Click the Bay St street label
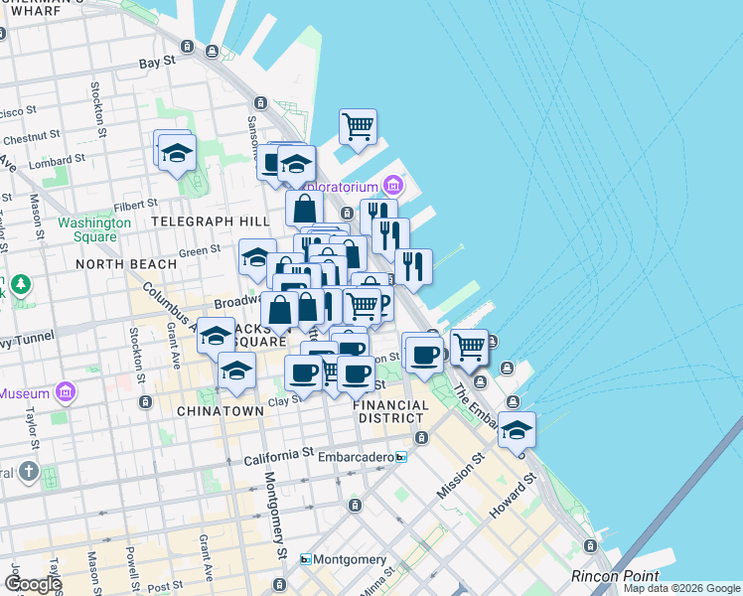[157, 62]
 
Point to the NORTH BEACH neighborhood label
[126, 264]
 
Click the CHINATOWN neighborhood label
[221, 410]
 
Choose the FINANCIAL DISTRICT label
[391, 411]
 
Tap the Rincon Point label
[615, 575]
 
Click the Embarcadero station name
[354, 457]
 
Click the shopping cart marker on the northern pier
[358, 126]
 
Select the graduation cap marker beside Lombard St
[177, 153]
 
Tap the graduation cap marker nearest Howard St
[517, 430]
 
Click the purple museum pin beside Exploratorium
[393, 186]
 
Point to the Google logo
[33, 584]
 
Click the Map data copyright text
[681, 588]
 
